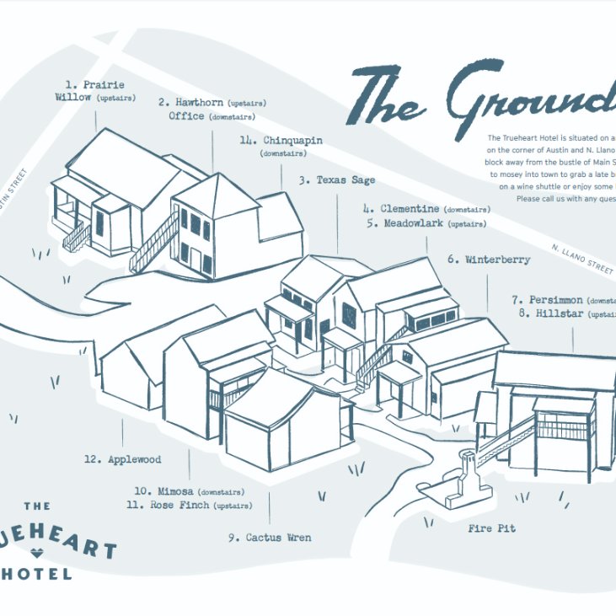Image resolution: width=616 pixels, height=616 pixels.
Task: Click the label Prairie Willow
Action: [x=94, y=91]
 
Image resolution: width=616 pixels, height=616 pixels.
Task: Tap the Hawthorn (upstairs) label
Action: [x=206, y=102]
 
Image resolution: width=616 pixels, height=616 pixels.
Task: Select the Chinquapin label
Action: [x=281, y=141]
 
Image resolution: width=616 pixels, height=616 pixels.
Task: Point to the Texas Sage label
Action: [x=336, y=179]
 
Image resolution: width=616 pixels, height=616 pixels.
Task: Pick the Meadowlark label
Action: [x=426, y=223]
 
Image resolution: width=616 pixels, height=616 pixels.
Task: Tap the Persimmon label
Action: [x=563, y=299]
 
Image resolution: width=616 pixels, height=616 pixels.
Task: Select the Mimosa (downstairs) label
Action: [x=189, y=490]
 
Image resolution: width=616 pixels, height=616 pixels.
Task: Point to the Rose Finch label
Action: [x=189, y=505]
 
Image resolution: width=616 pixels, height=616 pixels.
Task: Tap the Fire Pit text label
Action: [x=491, y=528]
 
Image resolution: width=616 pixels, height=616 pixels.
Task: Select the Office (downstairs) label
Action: [x=212, y=116]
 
